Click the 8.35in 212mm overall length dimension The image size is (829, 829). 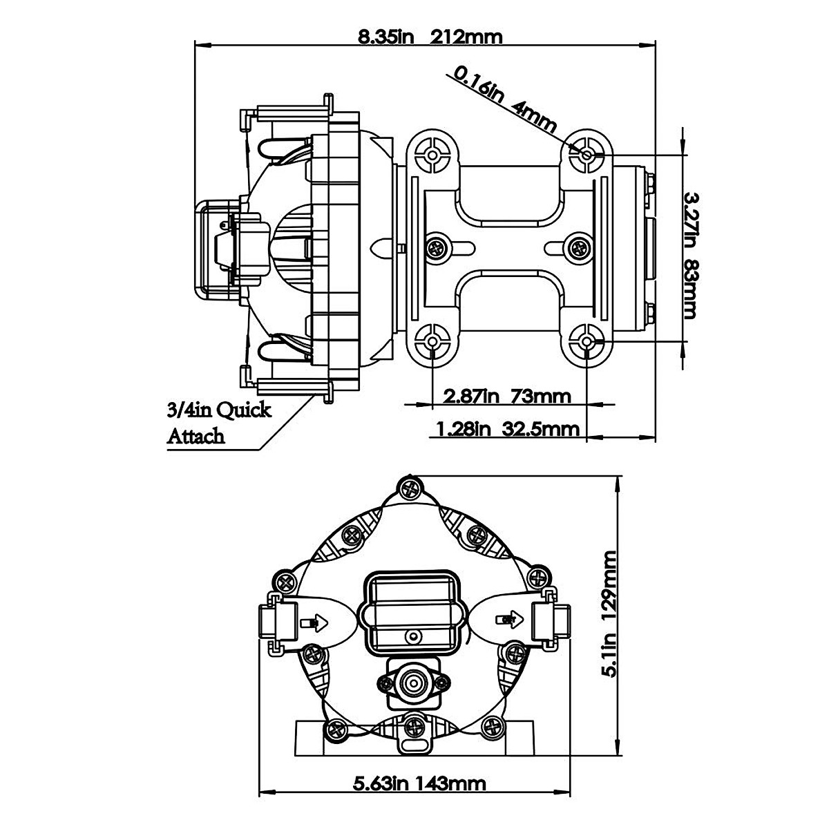click(x=430, y=36)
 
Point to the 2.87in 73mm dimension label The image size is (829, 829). click(x=508, y=397)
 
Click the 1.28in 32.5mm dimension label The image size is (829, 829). click(x=508, y=430)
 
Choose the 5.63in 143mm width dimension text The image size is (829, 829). click(x=419, y=783)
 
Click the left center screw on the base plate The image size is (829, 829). click(x=437, y=247)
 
